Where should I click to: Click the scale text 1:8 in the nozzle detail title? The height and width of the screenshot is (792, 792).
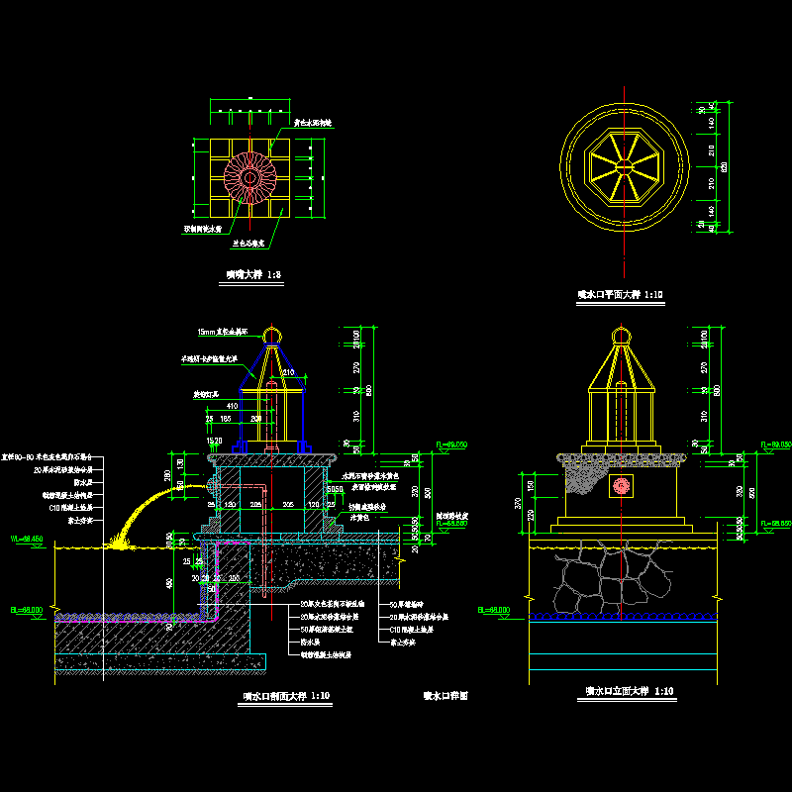pyautogui.click(x=262, y=275)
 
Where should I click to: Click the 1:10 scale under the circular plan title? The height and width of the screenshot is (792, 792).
pyautogui.click(x=653, y=295)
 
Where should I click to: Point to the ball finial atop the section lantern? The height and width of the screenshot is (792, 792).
pyautogui.click(x=271, y=333)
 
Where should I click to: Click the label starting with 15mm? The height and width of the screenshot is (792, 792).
pyautogui.click(x=222, y=332)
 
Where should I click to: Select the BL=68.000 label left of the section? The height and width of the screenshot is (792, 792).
pyautogui.click(x=26, y=611)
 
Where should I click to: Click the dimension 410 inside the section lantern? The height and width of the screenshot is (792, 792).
pyautogui.click(x=233, y=405)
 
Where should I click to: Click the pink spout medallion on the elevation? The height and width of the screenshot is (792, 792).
pyautogui.click(x=623, y=486)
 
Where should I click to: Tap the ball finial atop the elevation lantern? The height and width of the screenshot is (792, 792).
pyautogui.click(x=622, y=339)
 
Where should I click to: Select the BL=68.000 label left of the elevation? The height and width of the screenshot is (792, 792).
pyautogui.click(x=494, y=611)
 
